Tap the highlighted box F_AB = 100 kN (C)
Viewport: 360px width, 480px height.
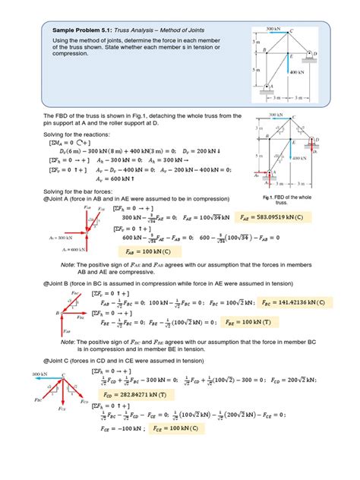[x=145, y=251]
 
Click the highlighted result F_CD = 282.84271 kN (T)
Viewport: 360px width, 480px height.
[x=146, y=394]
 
